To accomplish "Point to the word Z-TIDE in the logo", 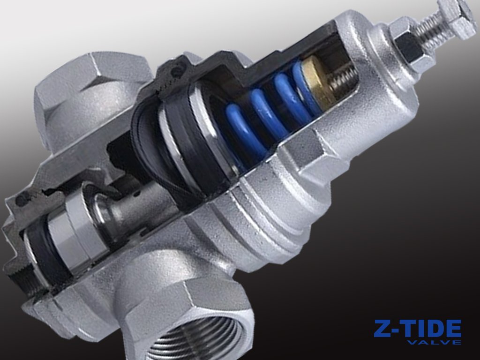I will click(x=417, y=329).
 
